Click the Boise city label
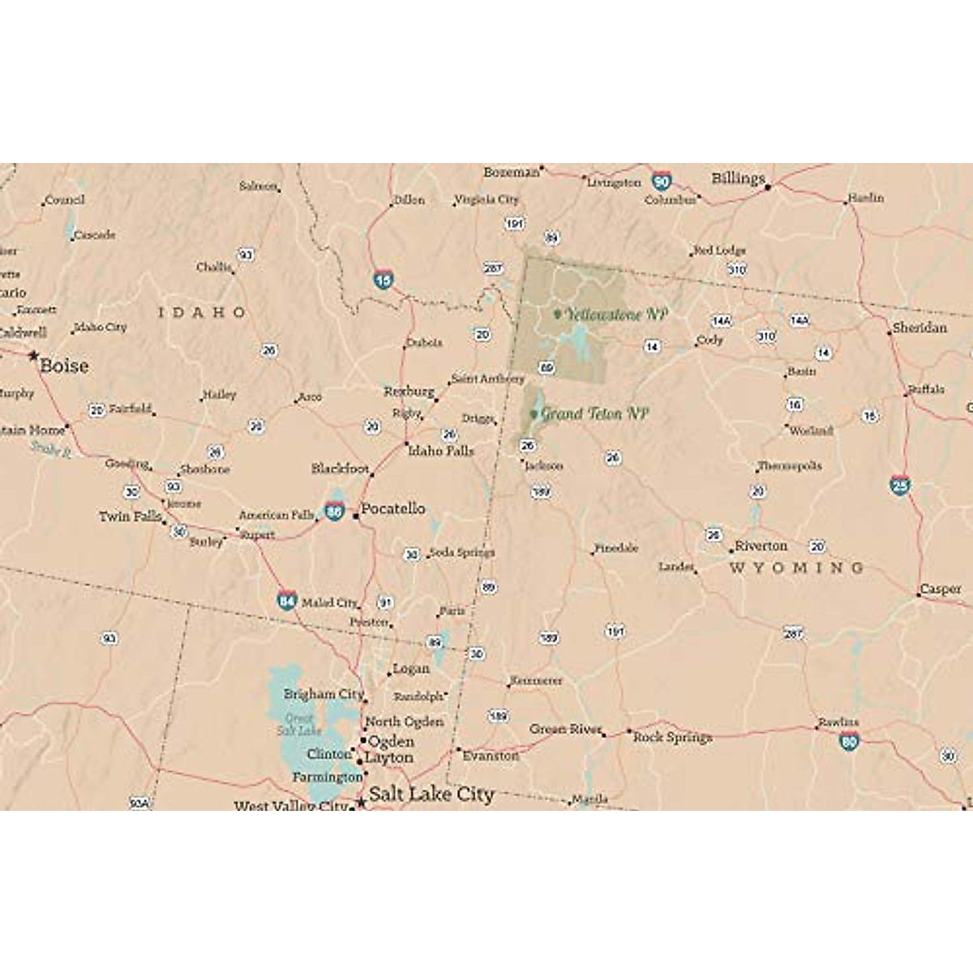(x=64, y=366)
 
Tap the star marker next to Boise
(x=33, y=355)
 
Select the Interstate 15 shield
(x=384, y=281)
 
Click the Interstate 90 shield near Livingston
(x=662, y=182)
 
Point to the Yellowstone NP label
(x=616, y=315)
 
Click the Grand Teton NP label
(x=594, y=414)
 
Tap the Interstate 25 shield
(x=900, y=486)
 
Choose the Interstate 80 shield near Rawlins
(x=849, y=740)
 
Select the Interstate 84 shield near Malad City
(x=286, y=601)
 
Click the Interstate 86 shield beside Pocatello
(x=334, y=511)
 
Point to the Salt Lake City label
(x=431, y=795)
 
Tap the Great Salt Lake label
(x=298, y=725)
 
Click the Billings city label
(x=738, y=178)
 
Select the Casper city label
(x=940, y=589)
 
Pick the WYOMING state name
(x=796, y=568)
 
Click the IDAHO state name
(x=202, y=312)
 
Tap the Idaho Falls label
(x=440, y=451)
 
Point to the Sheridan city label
(x=919, y=328)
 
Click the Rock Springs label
(x=672, y=737)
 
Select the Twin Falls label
(x=130, y=517)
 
